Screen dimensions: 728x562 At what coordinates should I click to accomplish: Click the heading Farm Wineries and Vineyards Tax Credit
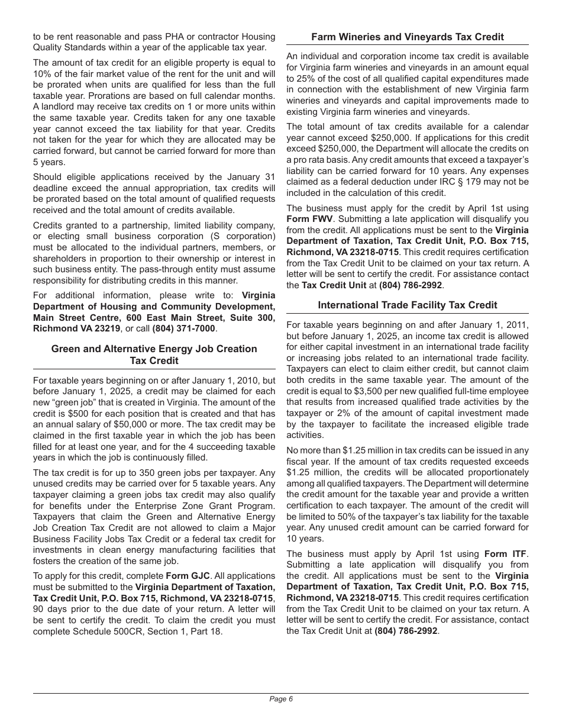[x=408, y=37]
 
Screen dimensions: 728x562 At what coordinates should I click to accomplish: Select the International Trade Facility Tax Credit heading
[x=408, y=305]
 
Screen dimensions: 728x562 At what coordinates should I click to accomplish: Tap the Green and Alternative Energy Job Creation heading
[x=154, y=349]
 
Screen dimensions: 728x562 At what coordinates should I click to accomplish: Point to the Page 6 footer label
[x=281, y=698]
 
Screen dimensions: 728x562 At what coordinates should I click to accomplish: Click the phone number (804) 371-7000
[x=184, y=328]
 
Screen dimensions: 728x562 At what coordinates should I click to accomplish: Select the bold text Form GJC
[x=188, y=575]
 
